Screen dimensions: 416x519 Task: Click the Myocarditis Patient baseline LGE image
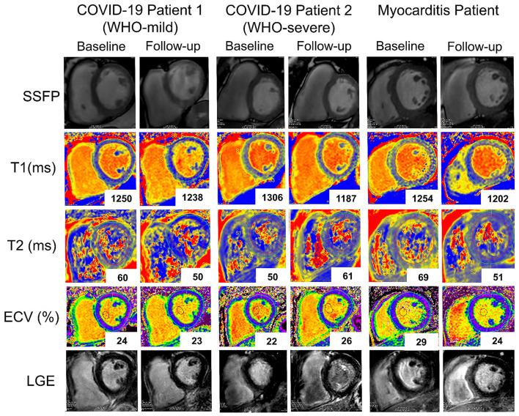402,382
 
